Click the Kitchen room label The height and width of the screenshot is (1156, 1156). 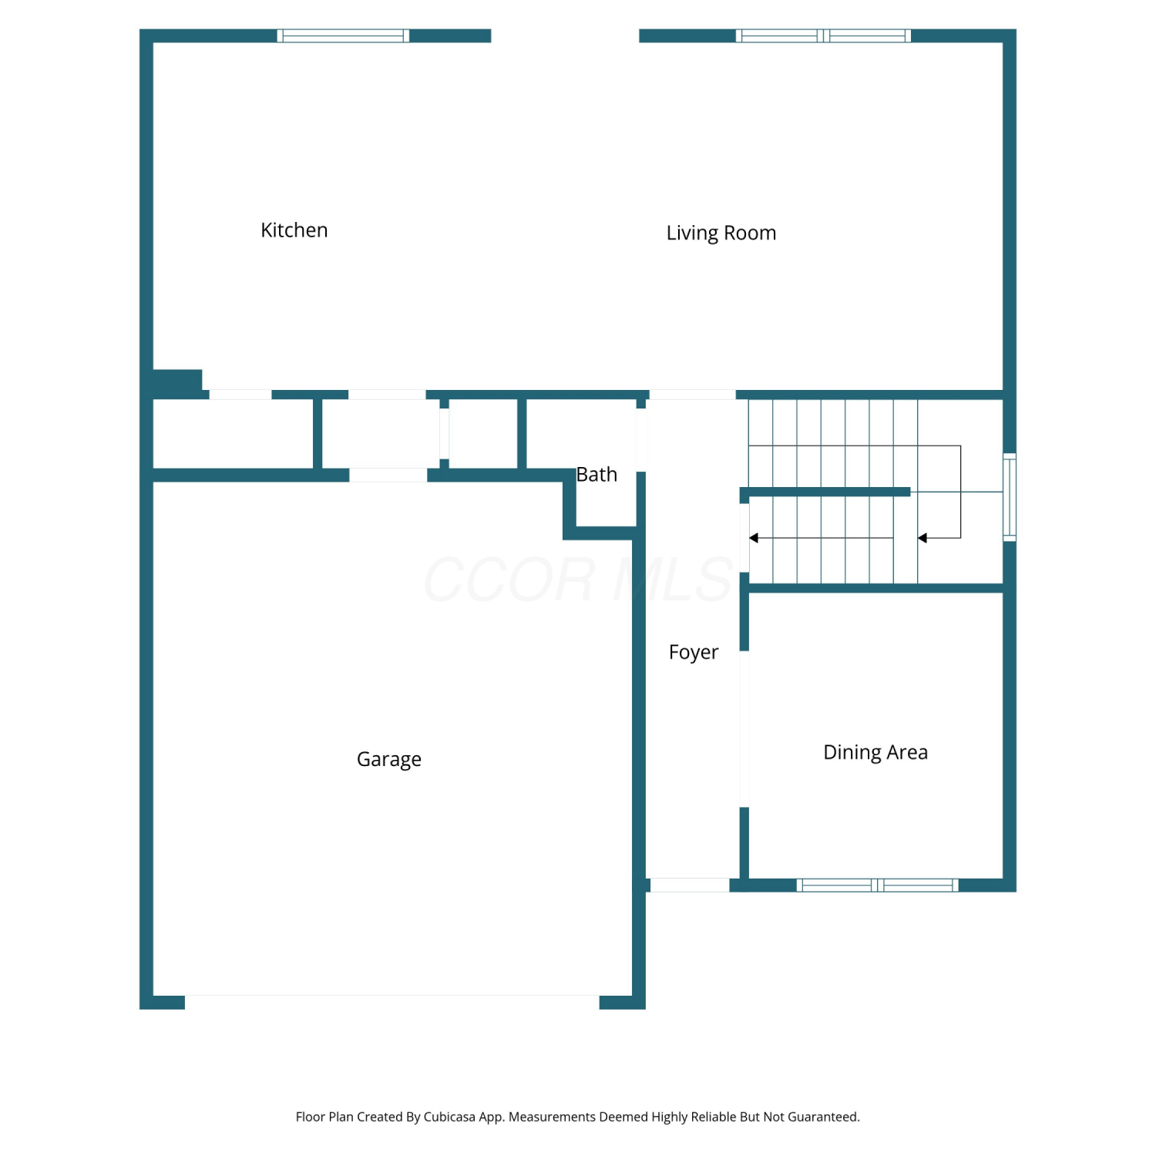tap(294, 230)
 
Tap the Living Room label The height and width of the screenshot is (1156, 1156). tap(721, 234)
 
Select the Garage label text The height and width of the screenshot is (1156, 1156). tap(389, 760)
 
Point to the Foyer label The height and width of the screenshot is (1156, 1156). tap(694, 653)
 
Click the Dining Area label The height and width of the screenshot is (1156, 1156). tap(875, 753)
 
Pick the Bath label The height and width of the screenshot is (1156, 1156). tap(597, 475)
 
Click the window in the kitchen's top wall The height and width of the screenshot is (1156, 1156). tap(343, 35)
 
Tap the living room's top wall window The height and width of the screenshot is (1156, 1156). tap(823, 35)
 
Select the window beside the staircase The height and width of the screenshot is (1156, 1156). tap(1010, 497)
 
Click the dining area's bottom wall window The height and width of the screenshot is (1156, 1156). tap(878, 885)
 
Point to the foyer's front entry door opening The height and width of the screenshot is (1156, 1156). tap(690, 885)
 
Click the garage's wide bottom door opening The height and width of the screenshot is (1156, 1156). tap(392, 1002)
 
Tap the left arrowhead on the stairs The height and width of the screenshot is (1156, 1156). tap(754, 538)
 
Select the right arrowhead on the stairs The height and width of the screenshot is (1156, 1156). tap(922, 538)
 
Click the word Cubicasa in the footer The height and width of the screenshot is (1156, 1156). tap(449, 1117)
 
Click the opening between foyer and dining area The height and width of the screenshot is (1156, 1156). tap(744, 729)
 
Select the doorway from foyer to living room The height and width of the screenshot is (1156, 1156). tap(693, 395)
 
